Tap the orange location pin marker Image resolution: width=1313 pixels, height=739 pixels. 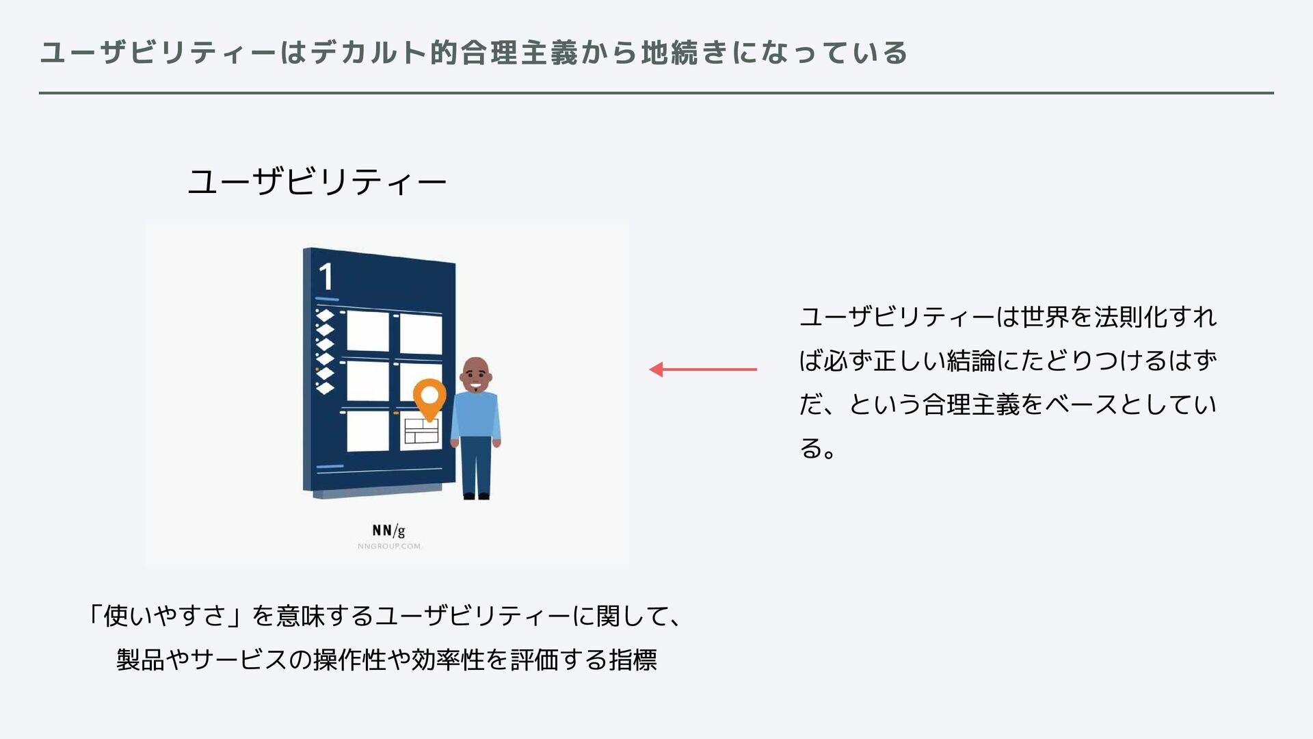coord(429,398)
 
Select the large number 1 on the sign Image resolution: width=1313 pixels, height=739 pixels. coord(326,278)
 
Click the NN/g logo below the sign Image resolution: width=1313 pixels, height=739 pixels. coord(388,530)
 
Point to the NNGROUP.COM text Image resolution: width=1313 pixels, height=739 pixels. coord(388,546)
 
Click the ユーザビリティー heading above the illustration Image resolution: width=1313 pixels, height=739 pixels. coord(317,183)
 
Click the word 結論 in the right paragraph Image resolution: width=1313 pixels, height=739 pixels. coord(970,361)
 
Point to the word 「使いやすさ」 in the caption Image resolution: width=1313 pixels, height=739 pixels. coord(163,616)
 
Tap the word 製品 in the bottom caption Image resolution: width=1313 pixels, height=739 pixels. coord(140,660)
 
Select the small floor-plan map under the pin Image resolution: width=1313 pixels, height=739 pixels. coord(421,432)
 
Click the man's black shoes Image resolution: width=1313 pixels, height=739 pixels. coord(477,495)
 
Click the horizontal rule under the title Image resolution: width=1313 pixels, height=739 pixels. coord(656,93)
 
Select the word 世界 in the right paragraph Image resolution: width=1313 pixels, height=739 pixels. coord(1044,317)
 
